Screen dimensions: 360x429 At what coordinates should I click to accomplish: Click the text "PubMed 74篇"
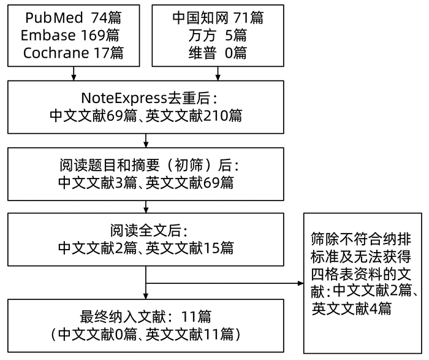[x=74, y=17]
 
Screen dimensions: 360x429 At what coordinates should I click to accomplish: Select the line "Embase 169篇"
[x=74, y=35]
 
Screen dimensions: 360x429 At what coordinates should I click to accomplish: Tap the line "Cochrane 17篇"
[x=74, y=53]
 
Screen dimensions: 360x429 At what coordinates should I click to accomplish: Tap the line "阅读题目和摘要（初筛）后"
[x=146, y=165]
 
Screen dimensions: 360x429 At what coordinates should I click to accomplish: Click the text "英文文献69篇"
[x=190, y=182]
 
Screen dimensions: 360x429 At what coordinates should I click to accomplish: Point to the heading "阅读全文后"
[x=146, y=231]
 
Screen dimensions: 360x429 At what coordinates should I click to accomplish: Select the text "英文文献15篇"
[x=190, y=248]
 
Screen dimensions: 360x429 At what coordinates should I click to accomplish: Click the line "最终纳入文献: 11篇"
[x=146, y=317]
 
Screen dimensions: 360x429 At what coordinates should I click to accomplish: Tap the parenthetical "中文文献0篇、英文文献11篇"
[x=146, y=335]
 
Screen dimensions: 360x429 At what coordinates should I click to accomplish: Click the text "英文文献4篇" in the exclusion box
[x=352, y=308]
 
